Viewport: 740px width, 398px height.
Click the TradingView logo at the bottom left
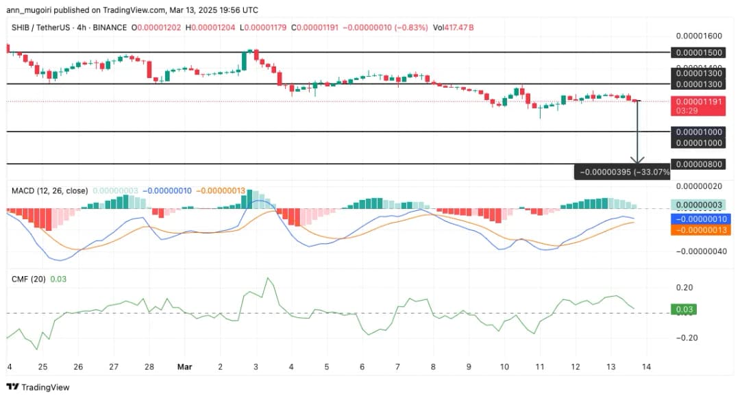click(x=38, y=387)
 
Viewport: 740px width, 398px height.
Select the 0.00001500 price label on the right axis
click(x=698, y=52)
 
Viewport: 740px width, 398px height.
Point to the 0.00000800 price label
click(x=698, y=164)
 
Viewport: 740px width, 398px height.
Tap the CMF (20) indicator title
click(x=29, y=279)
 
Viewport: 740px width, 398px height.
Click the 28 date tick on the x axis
click(x=149, y=366)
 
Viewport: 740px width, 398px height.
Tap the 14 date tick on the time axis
click(x=646, y=366)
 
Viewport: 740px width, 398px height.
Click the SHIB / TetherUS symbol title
click(x=41, y=27)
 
